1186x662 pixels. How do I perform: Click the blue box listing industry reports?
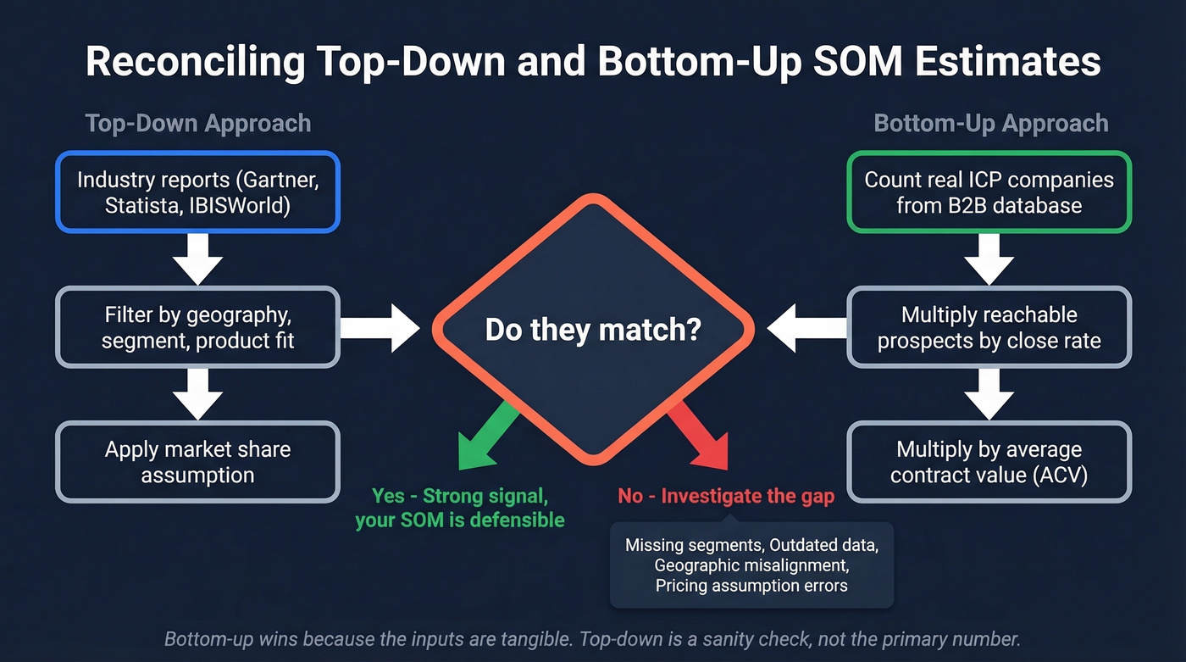click(197, 192)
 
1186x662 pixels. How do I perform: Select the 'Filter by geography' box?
click(197, 327)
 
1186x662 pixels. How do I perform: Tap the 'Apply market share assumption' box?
click(197, 462)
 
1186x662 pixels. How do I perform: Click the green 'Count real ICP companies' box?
click(989, 192)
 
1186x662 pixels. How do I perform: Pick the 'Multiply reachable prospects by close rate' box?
click(989, 327)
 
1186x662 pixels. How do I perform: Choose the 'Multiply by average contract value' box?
click(989, 462)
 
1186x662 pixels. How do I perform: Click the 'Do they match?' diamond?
click(593, 329)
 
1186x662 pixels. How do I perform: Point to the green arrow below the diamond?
click(486, 437)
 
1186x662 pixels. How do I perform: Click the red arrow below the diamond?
click(700, 437)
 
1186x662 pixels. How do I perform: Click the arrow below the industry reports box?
click(197, 259)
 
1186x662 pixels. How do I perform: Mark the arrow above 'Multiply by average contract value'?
click(989, 394)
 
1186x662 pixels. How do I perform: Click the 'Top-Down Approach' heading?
click(198, 124)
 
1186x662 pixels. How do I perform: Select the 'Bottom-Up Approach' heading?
click(990, 124)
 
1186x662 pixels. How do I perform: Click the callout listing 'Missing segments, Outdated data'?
click(751, 565)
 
